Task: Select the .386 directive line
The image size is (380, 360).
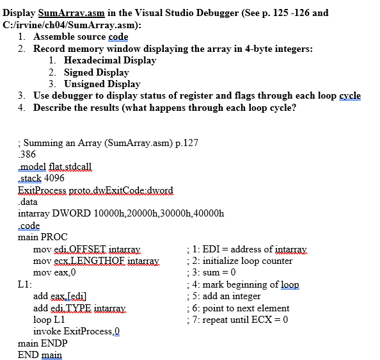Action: coord(27,155)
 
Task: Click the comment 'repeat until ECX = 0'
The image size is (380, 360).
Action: coord(240,320)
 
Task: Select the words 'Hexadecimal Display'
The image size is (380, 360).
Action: coord(110,60)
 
